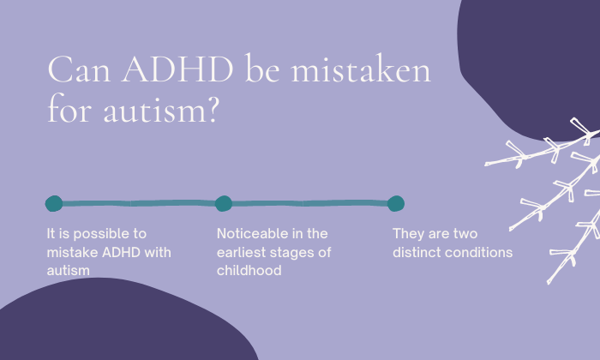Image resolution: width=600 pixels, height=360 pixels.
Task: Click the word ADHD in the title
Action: (x=177, y=69)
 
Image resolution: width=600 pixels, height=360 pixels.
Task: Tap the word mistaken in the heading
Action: (x=361, y=68)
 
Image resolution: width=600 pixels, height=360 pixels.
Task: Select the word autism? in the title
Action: (x=161, y=110)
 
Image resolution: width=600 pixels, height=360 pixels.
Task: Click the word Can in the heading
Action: (x=79, y=69)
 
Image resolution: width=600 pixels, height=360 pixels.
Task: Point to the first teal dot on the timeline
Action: (x=54, y=203)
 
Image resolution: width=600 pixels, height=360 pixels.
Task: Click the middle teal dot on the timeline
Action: (x=224, y=203)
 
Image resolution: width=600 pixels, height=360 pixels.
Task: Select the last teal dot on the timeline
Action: (x=396, y=203)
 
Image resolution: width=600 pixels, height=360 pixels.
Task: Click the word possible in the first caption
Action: (x=97, y=234)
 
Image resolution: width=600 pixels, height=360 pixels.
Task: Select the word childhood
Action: (x=249, y=271)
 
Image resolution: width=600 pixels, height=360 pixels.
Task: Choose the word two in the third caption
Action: (x=465, y=234)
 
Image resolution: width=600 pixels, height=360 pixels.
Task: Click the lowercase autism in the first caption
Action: (x=68, y=271)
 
